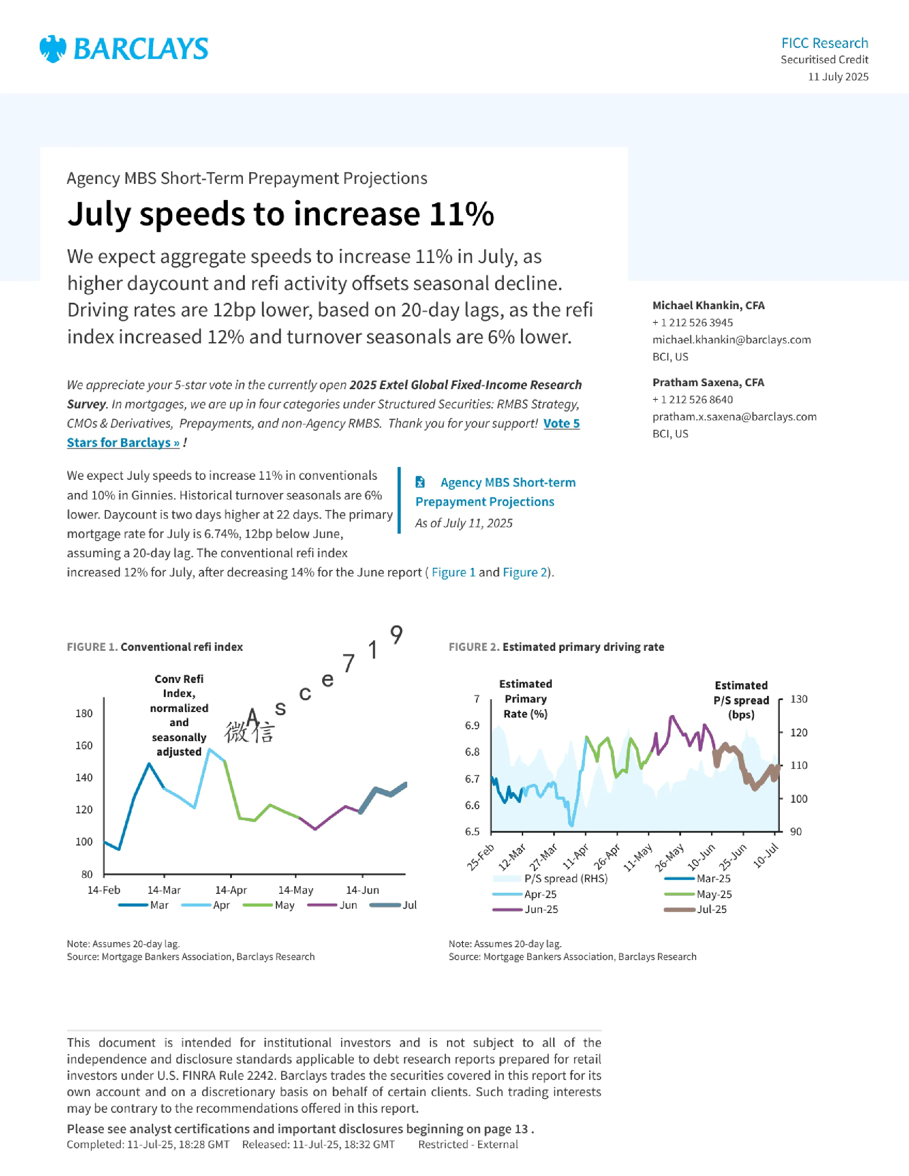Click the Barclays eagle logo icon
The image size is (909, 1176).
pos(53,49)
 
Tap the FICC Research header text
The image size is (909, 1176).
pos(824,43)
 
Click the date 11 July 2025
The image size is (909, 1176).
pos(838,77)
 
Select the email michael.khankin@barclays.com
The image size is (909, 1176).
pos(731,340)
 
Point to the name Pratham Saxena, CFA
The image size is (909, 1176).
pos(708,382)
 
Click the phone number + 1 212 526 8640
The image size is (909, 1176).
pos(693,399)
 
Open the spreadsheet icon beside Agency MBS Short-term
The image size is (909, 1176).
pos(420,482)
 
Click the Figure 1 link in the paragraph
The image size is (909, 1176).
pos(453,572)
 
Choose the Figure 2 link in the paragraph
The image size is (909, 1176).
pos(524,572)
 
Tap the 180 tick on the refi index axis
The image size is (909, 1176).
pos(84,713)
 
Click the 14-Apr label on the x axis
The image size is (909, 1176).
pos(231,890)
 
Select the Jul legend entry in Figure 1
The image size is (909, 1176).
pos(394,905)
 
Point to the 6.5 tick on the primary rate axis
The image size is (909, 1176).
pos(472,831)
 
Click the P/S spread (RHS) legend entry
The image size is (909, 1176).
pos(551,878)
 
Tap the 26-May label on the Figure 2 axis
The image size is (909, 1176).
pos(670,858)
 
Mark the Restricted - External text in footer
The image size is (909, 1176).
pos(468,1144)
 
